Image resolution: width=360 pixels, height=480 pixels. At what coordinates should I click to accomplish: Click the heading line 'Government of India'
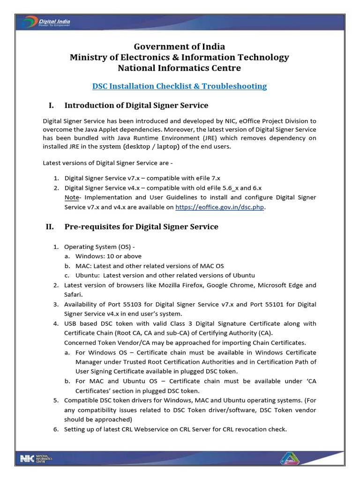tap(180, 46)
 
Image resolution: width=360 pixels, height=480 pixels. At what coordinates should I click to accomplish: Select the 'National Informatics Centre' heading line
tap(180, 68)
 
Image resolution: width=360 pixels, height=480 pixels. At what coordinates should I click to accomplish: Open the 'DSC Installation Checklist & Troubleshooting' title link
tap(180, 86)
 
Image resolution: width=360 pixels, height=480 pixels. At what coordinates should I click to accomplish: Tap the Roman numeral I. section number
tap(50, 105)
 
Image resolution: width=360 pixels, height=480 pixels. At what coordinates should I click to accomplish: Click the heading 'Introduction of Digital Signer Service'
tap(136, 105)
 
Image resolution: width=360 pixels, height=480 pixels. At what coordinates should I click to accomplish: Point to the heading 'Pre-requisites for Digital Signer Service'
tap(141, 227)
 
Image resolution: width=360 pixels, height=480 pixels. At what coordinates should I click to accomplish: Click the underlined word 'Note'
tap(71, 198)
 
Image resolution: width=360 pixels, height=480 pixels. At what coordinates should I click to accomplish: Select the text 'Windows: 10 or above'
tap(108, 256)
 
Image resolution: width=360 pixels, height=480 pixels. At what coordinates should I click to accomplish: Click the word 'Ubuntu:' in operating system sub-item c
tap(87, 276)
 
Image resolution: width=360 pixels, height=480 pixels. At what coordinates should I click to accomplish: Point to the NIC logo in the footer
tap(36, 458)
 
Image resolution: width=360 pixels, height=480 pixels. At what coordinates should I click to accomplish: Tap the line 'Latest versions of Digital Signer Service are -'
tap(106, 163)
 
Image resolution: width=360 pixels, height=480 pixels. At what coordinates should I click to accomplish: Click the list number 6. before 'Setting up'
tap(55, 429)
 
